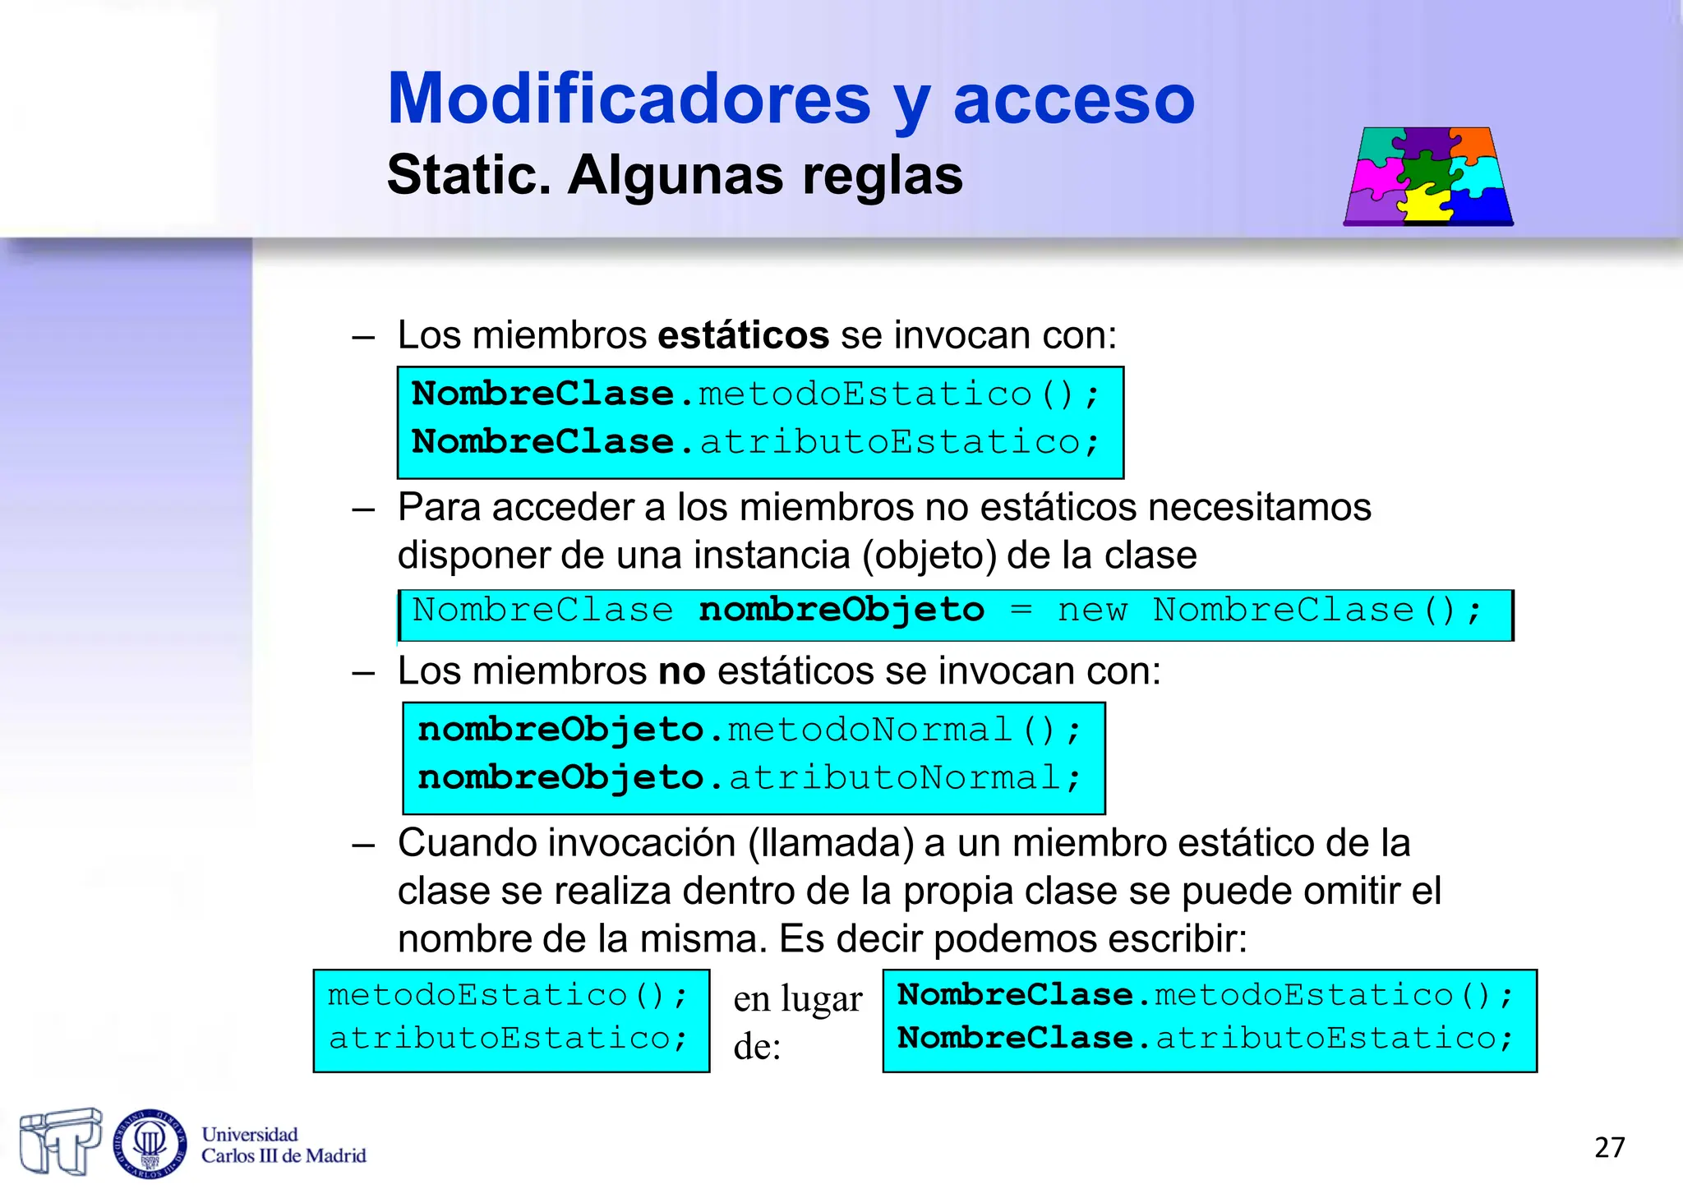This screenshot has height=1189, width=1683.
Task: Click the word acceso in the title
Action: pos(1073,100)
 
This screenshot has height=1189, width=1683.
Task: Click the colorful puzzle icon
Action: pos(1428,176)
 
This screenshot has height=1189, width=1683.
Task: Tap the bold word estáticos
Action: pos(744,335)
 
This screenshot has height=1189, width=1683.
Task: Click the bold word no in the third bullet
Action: pos(681,671)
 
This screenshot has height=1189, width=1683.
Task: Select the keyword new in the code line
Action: pos(1092,611)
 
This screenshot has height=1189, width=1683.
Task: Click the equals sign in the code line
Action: pos(1021,611)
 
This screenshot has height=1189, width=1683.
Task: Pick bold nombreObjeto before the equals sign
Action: pos(841,611)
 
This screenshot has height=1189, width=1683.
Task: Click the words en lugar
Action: pos(797,999)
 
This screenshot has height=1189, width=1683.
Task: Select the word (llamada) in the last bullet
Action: pos(830,843)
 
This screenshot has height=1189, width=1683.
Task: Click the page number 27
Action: pos(1609,1147)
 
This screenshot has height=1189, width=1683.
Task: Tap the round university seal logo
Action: pos(150,1143)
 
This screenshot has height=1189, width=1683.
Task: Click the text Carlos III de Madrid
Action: pos(284,1156)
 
